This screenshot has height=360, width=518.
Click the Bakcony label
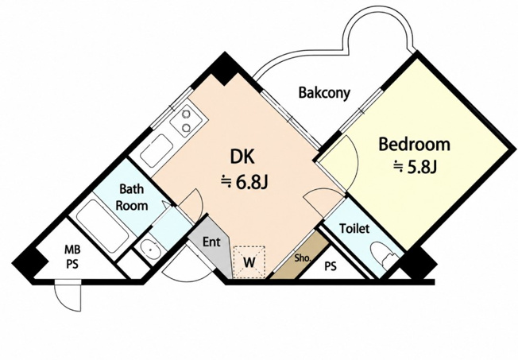pos(324,93)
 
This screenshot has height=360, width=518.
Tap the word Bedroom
pos(414,144)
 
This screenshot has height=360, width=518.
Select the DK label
pos(243,157)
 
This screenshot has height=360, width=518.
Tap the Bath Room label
pos(131,197)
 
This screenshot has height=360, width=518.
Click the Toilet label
pos(354,228)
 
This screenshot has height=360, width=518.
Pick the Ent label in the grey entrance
pos(211,242)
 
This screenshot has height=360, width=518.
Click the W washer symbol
pos(249,261)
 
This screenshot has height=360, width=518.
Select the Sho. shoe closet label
pos(303,257)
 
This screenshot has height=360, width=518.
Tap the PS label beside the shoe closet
pos(331,266)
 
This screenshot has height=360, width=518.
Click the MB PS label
pos(72,257)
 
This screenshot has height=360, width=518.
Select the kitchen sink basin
pos(157,150)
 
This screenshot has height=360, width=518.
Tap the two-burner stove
pos(187,121)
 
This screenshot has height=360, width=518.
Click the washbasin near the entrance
pos(150,247)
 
